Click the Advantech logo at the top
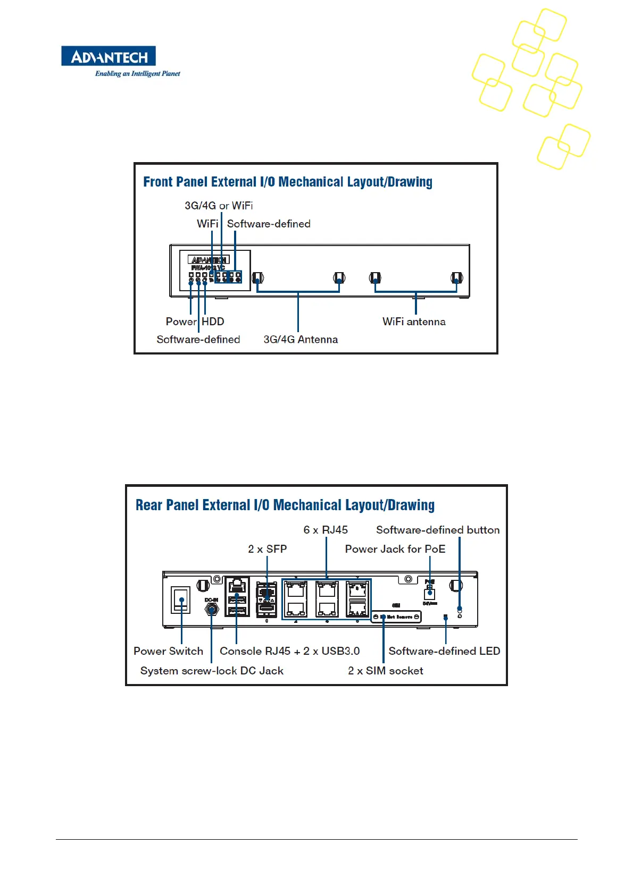click(x=109, y=56)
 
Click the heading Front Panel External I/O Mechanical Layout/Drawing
click(x=287, y=182)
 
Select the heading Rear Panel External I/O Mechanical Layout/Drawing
click(x=285, y=505)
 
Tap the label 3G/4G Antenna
click(x=301, y=340)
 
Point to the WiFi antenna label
click(x=414, y=322)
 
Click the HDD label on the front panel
click(x=213, y=322)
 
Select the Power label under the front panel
click(x=181, y=322)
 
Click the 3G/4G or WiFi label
click(x=219, y=206)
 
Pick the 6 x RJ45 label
click(x=326, y=530)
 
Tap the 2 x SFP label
click(x=267, y=549)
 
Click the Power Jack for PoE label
click(x=395, y=549)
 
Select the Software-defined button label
click(x=438, y=530)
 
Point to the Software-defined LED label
click(x=444, y=651)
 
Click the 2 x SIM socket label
click(x=386, y=671)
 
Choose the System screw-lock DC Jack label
click(x=212, y=671)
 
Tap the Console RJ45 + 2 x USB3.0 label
click(x=289, y=651)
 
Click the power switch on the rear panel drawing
click(x=181, y=600)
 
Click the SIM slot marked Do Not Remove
click(x=396, y=617)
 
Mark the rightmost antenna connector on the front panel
click(x=456, y=278)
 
